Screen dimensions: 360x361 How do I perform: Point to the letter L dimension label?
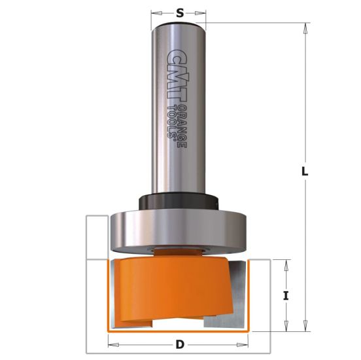305,172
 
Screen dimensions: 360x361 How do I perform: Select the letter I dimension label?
286,295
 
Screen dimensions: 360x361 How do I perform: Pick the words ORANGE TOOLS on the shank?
178,124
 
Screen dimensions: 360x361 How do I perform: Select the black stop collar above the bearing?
178,199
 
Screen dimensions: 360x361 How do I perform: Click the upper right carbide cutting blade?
240,275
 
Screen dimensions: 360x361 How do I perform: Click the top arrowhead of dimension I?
286,263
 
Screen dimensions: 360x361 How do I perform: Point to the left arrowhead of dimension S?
154,12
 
